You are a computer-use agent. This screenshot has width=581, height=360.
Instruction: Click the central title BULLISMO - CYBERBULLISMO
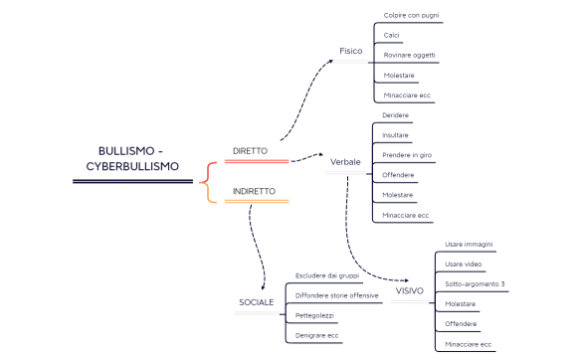pyautogui.click(x=139, y=158)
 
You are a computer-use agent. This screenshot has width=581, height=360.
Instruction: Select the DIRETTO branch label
pyautogui.click(x=250, y=151)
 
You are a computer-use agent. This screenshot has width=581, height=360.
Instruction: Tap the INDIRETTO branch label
pyautogui.click(x=254, y=191)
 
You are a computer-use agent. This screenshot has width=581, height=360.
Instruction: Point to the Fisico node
pyautogui.click(x=350, y=50)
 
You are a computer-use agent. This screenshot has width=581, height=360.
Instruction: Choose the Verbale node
pyautogui.click(x=344, y=161)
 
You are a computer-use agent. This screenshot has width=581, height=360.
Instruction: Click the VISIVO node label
pyautogui.click(x=409, y=291)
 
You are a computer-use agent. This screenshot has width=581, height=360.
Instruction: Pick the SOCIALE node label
pyautogui.click(x=256, y=301)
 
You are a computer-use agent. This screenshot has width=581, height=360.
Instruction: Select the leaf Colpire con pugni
pyautogui.click(x=412, y=16)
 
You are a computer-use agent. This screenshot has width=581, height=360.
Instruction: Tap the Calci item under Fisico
pyautogui.click(x=391, y=35)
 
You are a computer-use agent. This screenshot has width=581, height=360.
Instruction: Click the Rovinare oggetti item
pyautogui.click(x=409, y=55)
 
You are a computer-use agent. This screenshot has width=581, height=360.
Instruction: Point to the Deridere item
pyautogui.click(x=395, y=115)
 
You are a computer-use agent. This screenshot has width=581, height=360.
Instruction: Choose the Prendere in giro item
pyautogui.click(x=408, y=155)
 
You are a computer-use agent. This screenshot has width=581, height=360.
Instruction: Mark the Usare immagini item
pyautogui.click(x=469, y=245)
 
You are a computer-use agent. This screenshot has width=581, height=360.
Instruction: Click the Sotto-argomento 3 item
pyautogui.click(x=475, y=284)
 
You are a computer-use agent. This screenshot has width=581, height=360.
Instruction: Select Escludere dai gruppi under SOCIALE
pyautogui.click(x=327, y=275)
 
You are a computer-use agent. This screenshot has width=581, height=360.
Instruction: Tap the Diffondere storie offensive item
pyautogui.click(x=337, y=295)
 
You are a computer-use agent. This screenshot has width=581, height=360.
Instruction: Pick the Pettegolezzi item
pyautogui.click(x=315, y=315)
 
